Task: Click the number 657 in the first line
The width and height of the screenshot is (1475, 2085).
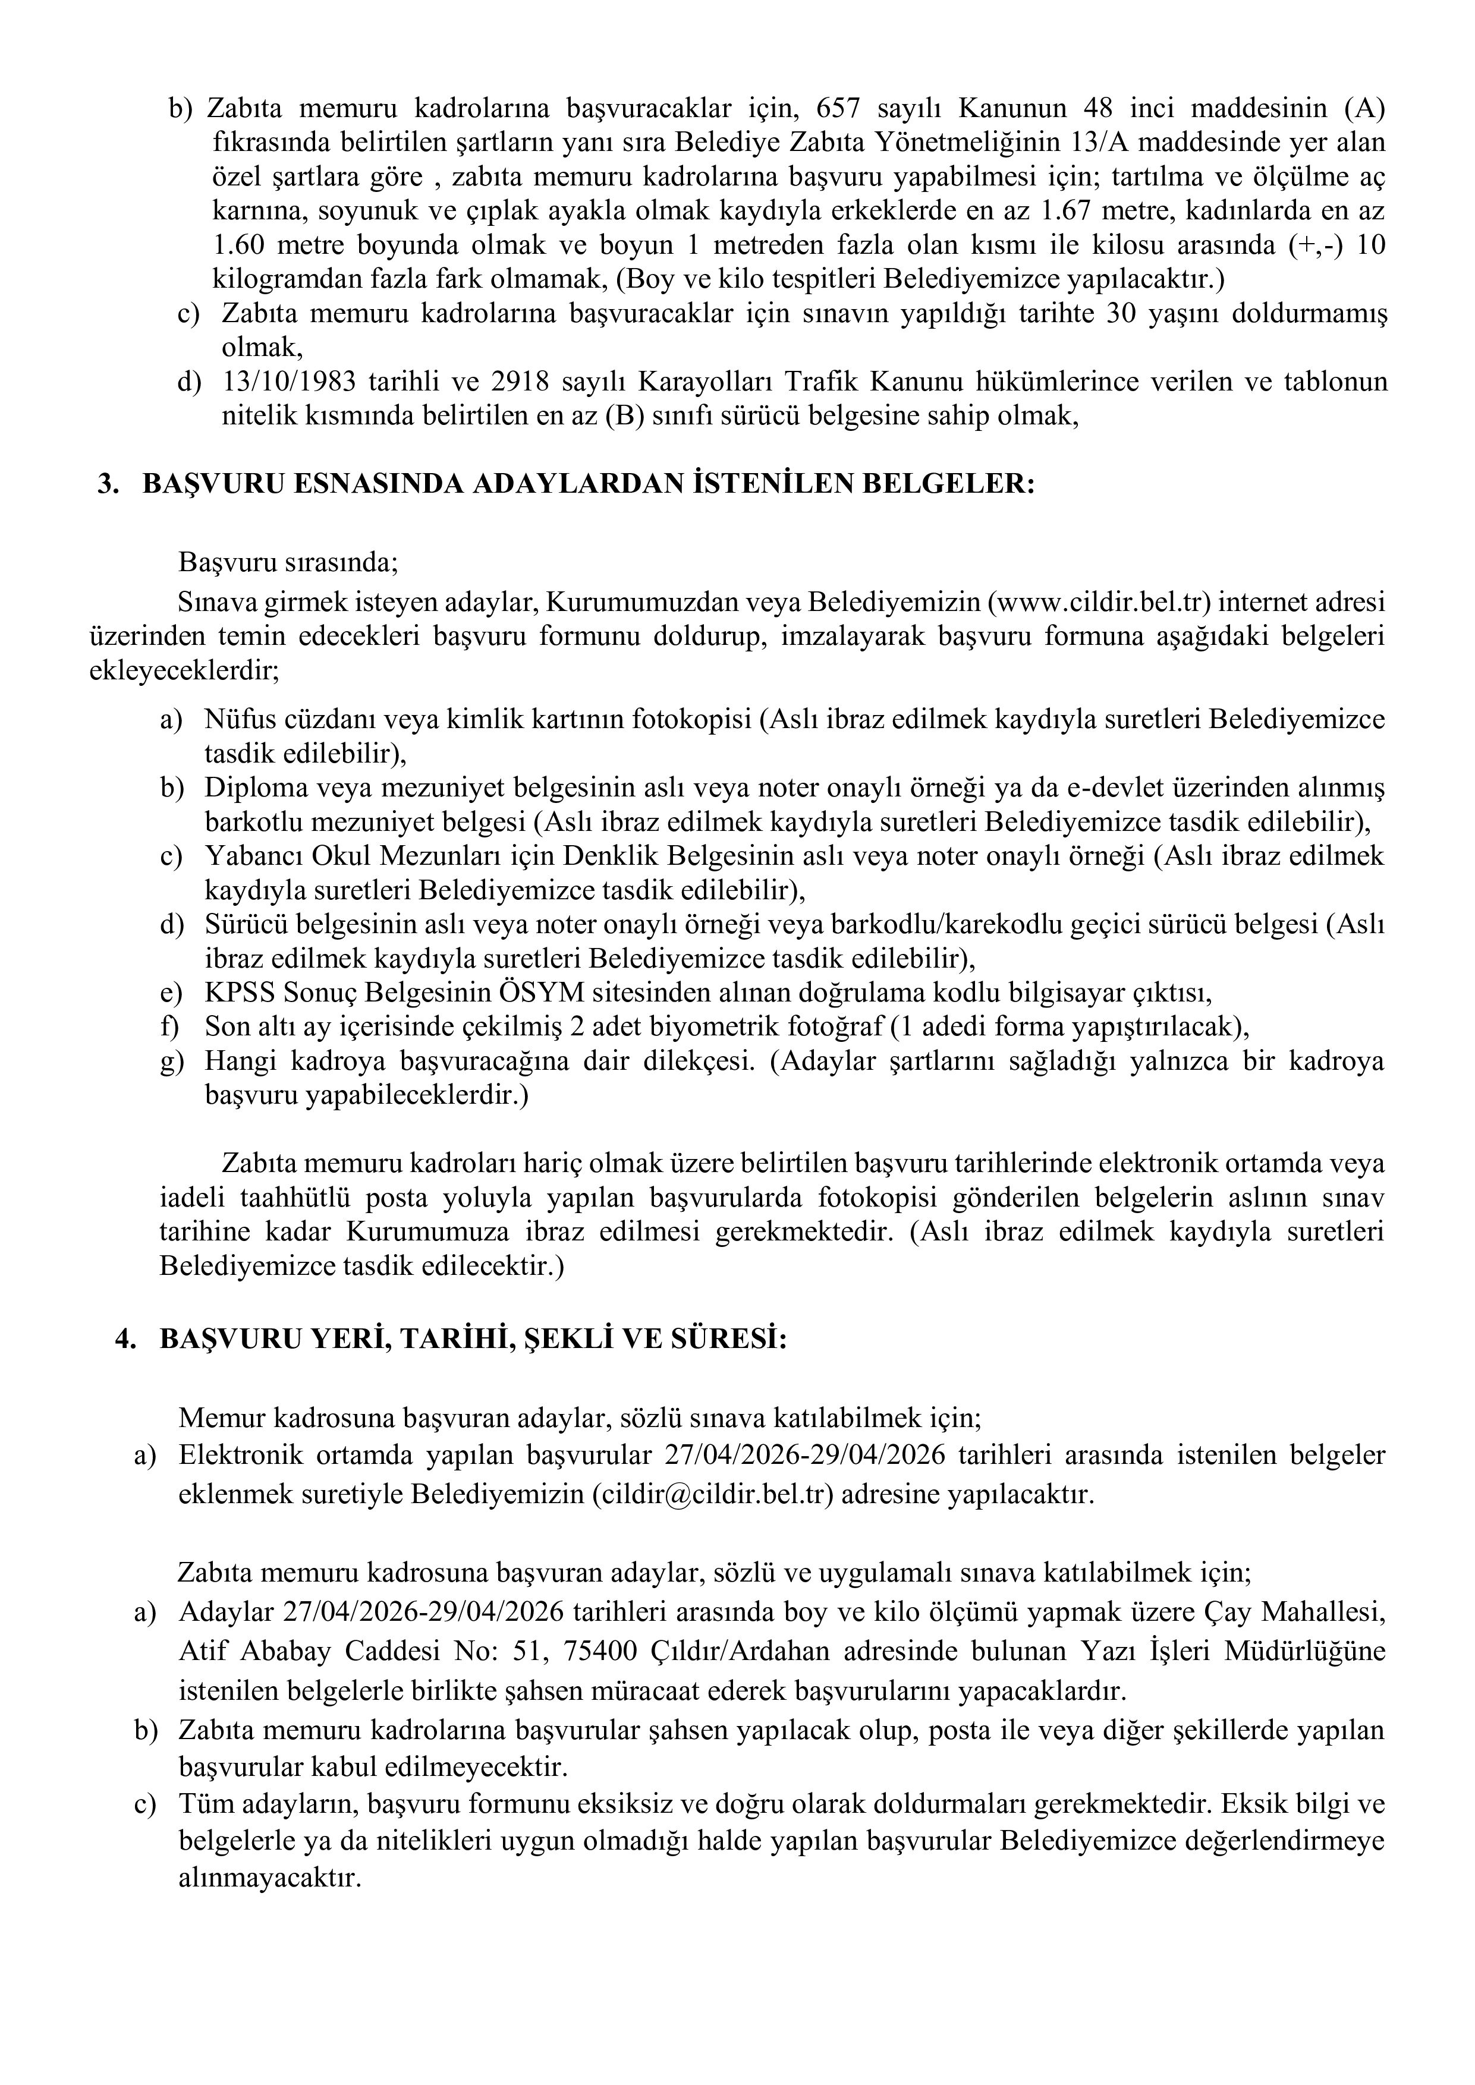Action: pos(839,108)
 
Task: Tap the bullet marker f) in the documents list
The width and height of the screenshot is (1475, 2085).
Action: pos(170,1026)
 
